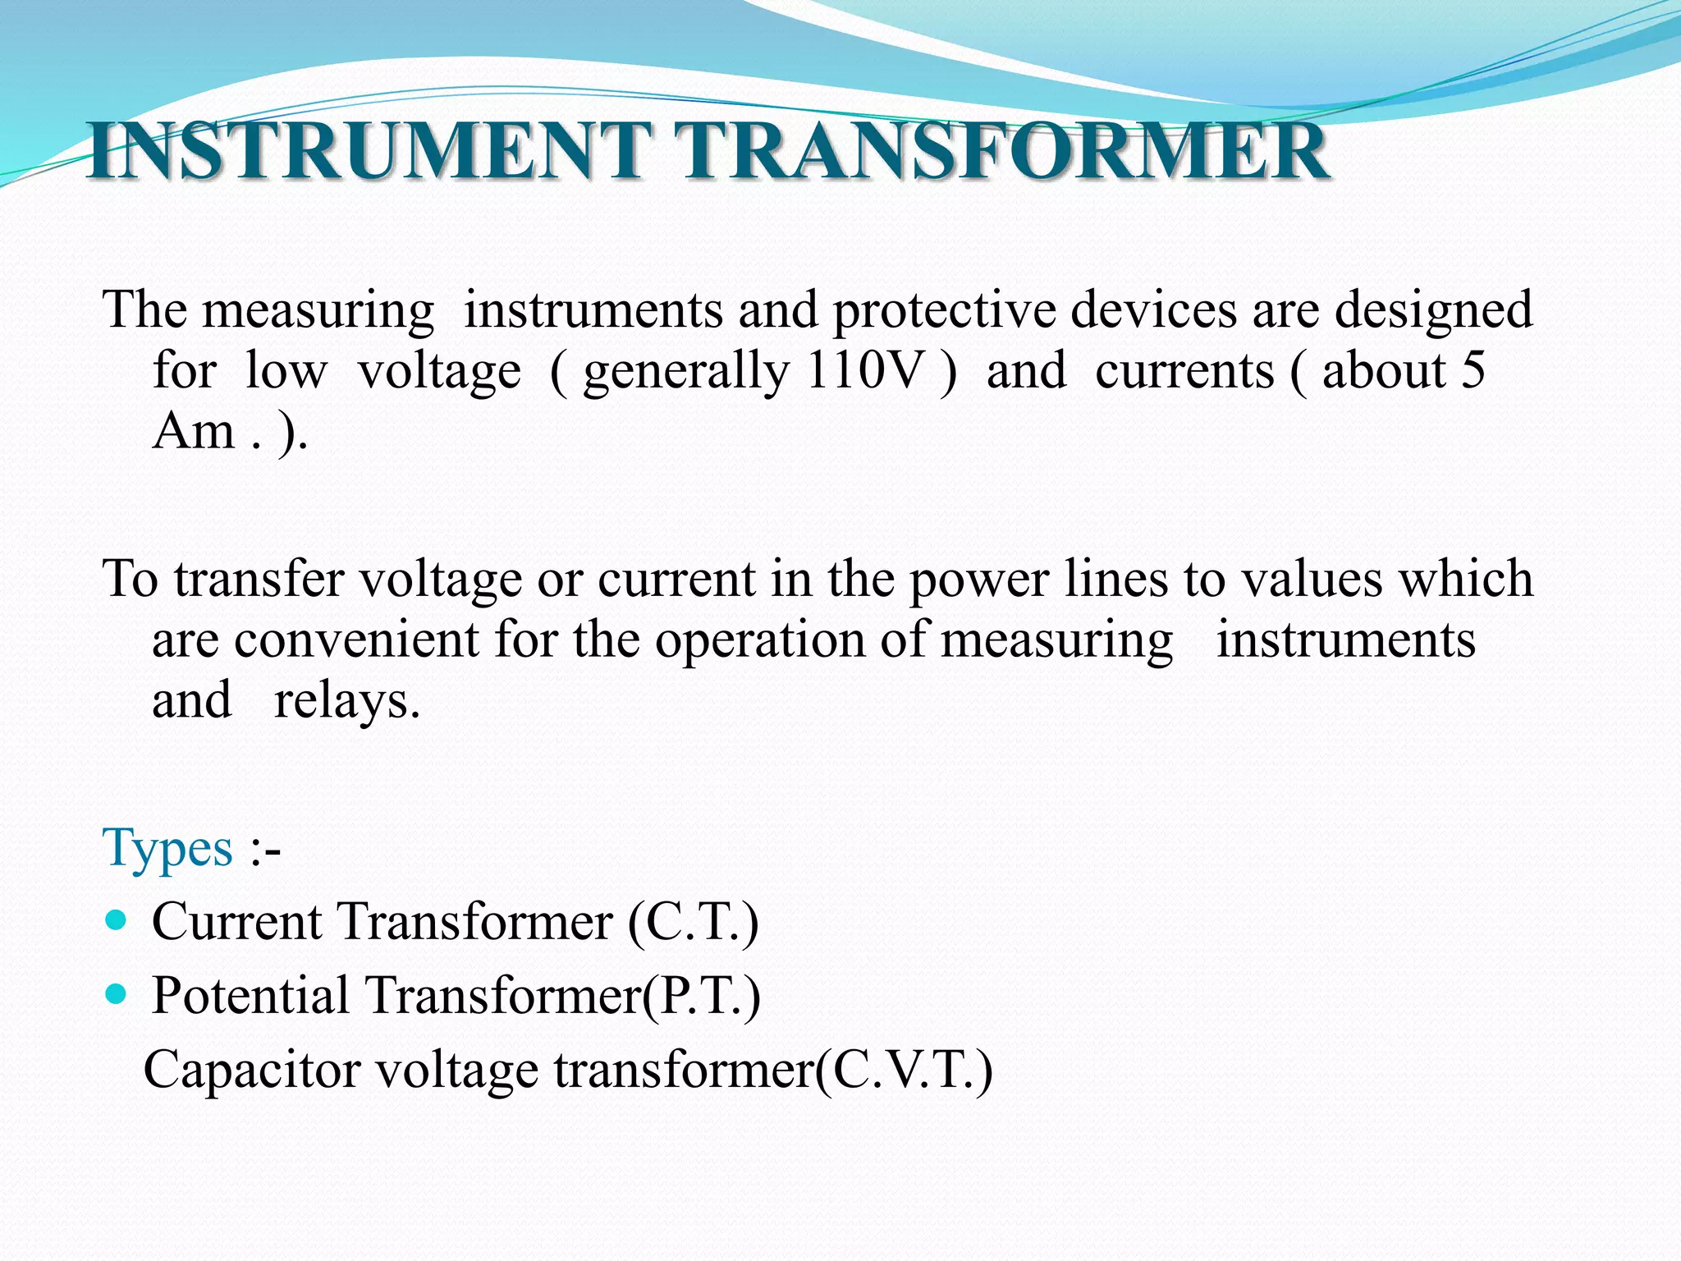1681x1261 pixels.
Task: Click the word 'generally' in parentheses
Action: pos(686,372)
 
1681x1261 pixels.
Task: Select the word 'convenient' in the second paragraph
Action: pos(356,640)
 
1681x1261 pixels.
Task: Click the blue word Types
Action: pos(168,848)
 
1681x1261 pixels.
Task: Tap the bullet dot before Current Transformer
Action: pos(117,920)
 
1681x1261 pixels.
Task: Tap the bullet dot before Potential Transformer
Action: pos(117,995)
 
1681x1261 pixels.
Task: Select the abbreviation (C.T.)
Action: pos(694,922)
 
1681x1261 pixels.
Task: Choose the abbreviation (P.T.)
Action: pos(703,997)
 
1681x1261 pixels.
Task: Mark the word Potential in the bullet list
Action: pos(251,997)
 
